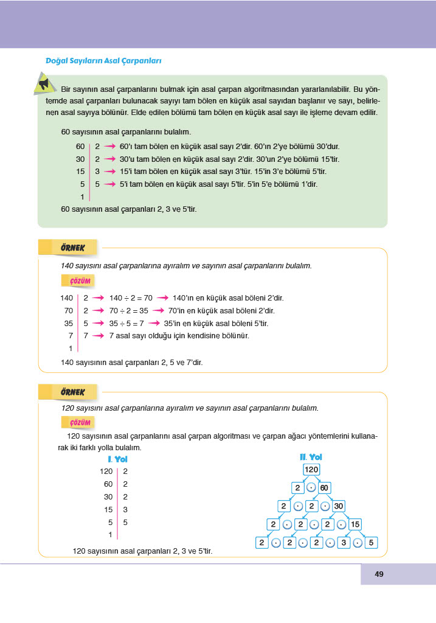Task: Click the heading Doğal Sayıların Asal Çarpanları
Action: (x=103, y=61)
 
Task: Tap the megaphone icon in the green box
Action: (x=43, y=83)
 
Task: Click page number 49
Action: (x=379, y=574)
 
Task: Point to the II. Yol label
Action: (x=311, y=457)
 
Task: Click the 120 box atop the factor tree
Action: (x=311, y=470)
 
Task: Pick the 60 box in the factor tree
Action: (x=324, y=488)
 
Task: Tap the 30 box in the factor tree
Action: (x=338, y=506)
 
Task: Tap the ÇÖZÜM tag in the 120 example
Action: (x=76, y=423)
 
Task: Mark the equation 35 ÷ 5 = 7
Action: (x=126, y=324)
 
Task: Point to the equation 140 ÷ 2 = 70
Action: (x=131, y=298)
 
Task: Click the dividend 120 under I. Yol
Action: (x=106, y=471)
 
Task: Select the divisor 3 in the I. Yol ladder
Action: (x=125, y=509)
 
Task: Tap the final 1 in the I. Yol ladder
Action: (x=110, y=535)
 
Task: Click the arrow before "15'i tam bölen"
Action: (x=109, y=172)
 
